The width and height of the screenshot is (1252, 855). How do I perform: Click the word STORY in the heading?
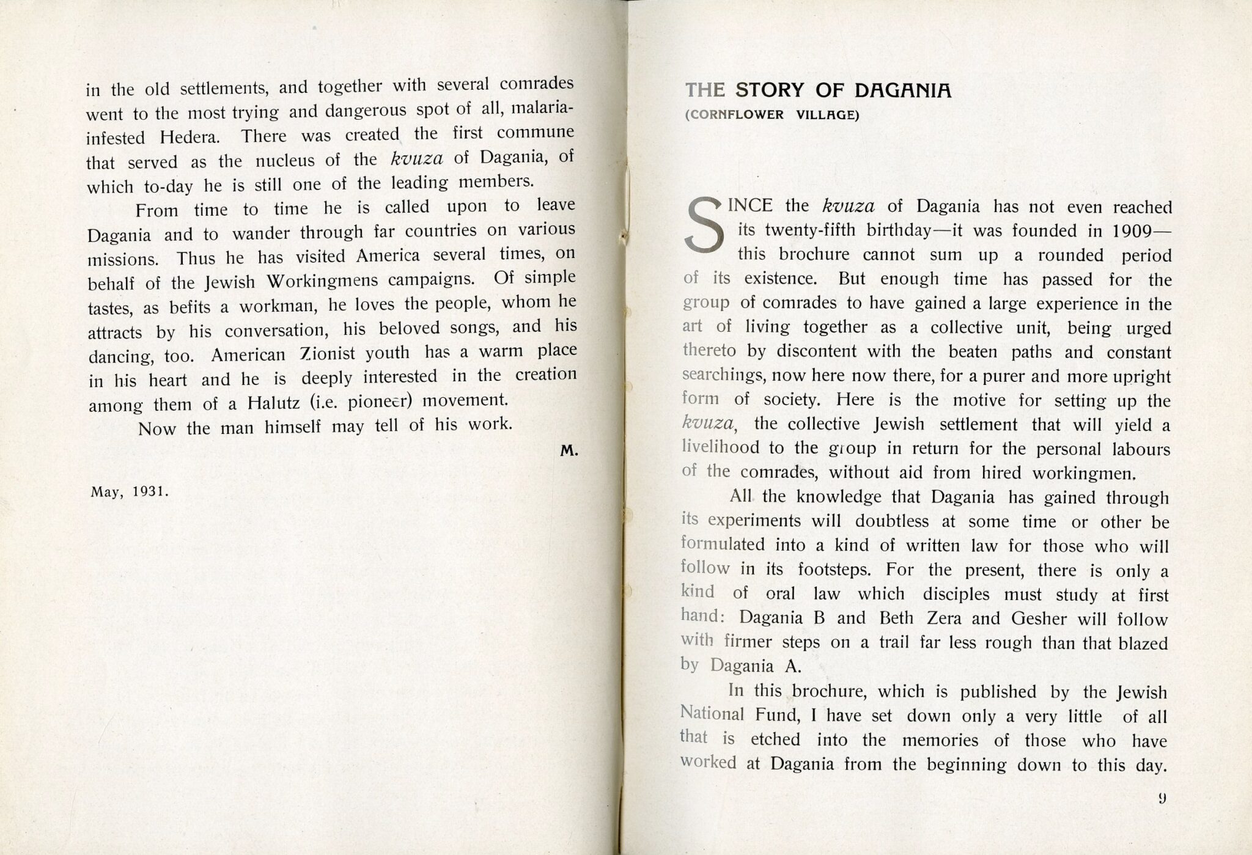[x=770, y=90]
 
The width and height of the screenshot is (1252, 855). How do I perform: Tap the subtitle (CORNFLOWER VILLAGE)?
[x=771, y=115]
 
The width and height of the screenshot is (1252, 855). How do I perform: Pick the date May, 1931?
[x=129, y=491]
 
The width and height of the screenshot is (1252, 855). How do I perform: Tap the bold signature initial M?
[x=569, y=451]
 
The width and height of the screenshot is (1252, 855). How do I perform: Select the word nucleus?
[x=285, y=161]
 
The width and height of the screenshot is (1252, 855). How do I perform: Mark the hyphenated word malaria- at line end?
[x=542, y=109]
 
